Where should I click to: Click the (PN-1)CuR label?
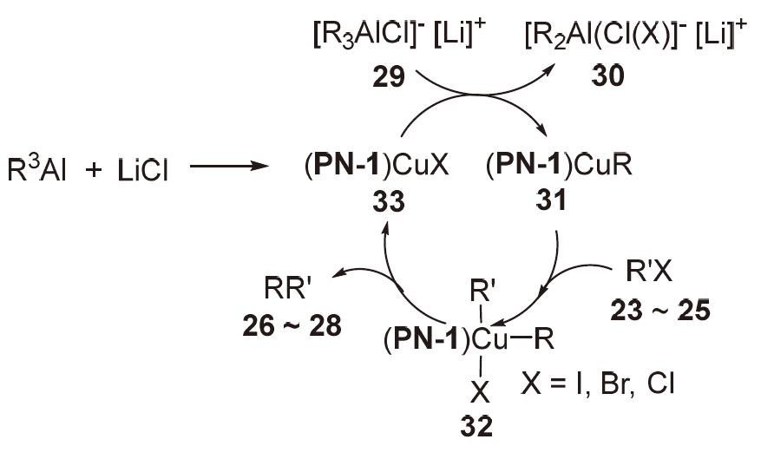pyautogui.click(x=553, y=167)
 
